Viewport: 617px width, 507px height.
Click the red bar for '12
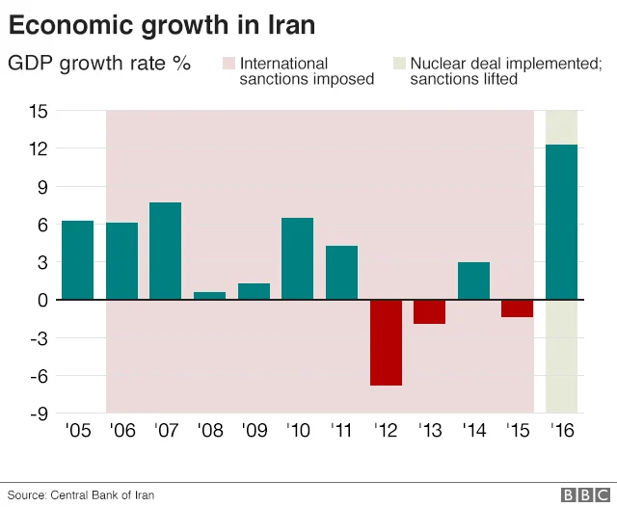[x=386, y=342]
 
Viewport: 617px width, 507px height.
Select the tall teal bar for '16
[x=562, y=222]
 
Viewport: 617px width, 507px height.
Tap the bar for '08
[x=209, y=296]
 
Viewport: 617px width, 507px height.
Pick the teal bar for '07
[x=165, y=251]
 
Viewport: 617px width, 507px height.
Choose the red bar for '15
[x=518, y=308]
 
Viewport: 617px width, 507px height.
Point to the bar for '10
[x=297, y=258]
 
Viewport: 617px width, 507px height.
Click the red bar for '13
[x=430, y=311]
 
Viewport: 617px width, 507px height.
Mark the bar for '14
[x=473, y=280]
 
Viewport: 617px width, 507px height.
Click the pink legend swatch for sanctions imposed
[x=228, y=64]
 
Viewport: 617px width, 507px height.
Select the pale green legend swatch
[x=398, y=64]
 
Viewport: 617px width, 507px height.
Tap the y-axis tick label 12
[x=38, y=148]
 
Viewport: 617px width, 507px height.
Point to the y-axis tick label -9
[x=38, y=414]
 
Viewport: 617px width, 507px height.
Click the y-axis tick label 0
[x=42, y=300]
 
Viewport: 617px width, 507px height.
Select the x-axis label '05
[x=77, y=431]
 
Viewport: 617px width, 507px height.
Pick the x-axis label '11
[x=341, y=431]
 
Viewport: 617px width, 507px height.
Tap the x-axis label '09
[x=254, y=431]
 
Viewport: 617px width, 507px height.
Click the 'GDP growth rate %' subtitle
[x=99, y=65]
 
